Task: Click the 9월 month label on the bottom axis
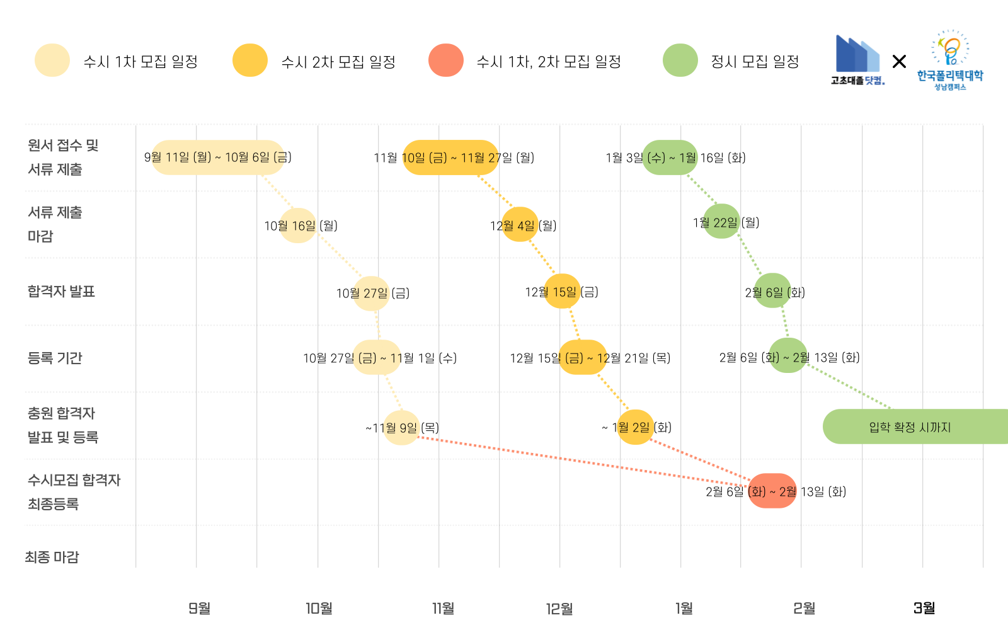(x=199, y=608)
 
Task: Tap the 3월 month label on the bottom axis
(x=924, y=608)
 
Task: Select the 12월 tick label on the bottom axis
(x=559, y=609)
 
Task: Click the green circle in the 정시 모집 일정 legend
(x=680, y=60)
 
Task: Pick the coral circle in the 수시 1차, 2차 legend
(x=446, y=60)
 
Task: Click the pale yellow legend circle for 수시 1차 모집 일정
(x=52, y=60)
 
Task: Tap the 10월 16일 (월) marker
(x=298, y=226)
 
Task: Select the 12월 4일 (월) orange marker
(x=520, y=225)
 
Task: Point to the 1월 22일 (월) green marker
(x=721, y=222)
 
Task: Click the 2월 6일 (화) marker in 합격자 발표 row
(x=772, y=291)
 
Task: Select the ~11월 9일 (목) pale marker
(x=401, y=428)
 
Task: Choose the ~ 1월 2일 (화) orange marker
(x=635, y=427)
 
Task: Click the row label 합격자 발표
(x=61, y=291)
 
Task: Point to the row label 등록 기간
(x=55, y=358)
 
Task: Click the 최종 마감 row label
(x=52, y=557)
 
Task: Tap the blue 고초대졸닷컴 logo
(x=857, y=60)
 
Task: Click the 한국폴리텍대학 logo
(x=950, y=60)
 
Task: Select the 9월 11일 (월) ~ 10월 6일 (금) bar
(x=218, y=157)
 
